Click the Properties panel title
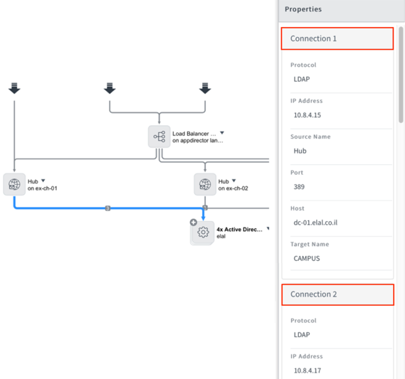(303, 9)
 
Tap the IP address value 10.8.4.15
(307, 115)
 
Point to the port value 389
(299, 187)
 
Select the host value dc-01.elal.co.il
(315, 223)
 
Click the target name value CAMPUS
(307, 259)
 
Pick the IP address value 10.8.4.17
(307, 370)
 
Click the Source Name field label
(310, 137)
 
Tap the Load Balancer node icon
(159, 137)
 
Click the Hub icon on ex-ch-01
(14, 184)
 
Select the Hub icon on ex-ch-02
(205, 184)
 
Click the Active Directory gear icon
(203, 233)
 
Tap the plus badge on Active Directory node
(194, 222)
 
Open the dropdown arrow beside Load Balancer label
(222, 132)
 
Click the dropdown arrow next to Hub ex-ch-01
(43, 181)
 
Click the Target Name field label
(310, 245)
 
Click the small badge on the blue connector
(107, 208)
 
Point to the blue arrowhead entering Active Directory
(204, 218)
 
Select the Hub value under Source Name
(300, 151)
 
